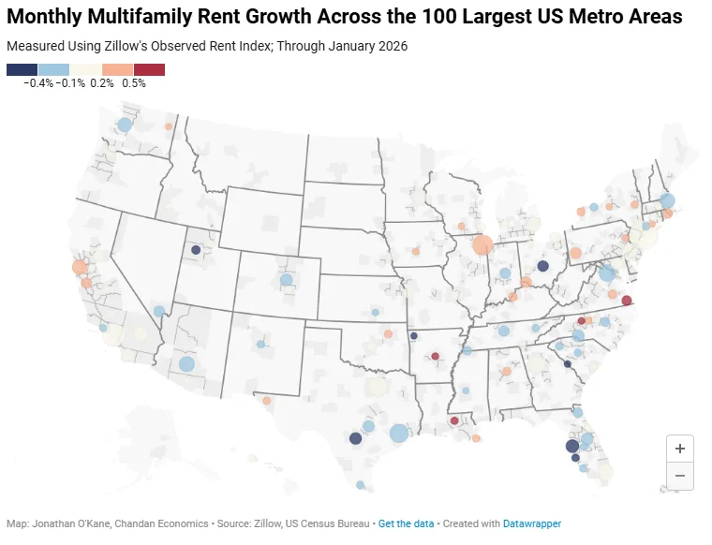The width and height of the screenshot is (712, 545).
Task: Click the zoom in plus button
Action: pos(680,449)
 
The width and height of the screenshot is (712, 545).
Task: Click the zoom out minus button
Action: pos(680,476)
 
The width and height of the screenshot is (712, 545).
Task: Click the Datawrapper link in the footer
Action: pos(531,524)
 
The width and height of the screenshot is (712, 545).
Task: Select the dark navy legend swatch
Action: pos(22,69)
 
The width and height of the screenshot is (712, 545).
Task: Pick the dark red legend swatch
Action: pos(149,69)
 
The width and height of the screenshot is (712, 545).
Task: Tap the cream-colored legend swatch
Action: pos(85,69)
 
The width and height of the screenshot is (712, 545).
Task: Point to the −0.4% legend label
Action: pos(37,83)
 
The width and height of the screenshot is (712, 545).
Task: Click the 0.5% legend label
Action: pos(134,83)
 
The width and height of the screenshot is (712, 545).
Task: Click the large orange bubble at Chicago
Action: pos(482,245)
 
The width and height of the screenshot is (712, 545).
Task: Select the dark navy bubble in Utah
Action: pos(195,250)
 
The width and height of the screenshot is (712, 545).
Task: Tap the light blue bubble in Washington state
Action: pos(125,125)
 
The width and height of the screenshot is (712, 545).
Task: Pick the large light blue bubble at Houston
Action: pos(398,433)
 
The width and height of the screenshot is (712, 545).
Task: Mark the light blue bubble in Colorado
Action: pos(286,279)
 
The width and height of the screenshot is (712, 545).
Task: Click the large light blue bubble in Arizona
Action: pos(186,363)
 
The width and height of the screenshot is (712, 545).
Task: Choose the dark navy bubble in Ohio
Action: pos(542,266)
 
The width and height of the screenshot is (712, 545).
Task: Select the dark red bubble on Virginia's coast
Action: pos(627,301)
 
